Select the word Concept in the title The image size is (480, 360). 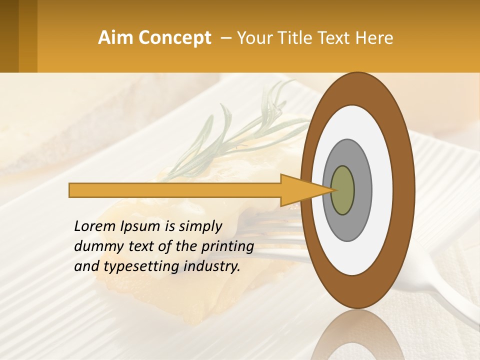coord(175,38)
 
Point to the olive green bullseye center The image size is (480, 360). coord(342,190)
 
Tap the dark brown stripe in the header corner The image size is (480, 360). coord(9,36)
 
